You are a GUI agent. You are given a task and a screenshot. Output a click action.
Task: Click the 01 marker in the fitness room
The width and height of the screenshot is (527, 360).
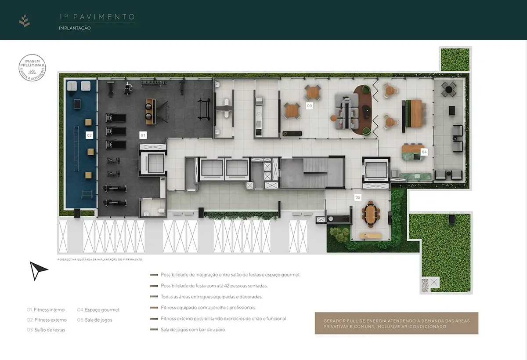pos(143,135)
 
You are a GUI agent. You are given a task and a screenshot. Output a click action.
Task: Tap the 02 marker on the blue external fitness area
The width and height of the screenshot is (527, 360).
pos(89,135)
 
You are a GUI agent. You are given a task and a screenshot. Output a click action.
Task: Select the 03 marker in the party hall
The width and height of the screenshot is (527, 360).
pos(310,106)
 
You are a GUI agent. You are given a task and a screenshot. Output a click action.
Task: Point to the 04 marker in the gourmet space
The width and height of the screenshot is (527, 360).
pos(424,152)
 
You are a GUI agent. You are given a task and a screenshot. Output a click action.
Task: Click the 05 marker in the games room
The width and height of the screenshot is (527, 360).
pos(358,197)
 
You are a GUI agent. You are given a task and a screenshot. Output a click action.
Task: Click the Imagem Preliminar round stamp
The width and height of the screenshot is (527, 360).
pos(32,69)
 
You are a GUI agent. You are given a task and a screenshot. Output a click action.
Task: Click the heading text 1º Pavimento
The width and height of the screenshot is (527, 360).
pos(97,17)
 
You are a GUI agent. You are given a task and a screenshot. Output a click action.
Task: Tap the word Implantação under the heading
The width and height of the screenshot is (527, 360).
pos(75,28)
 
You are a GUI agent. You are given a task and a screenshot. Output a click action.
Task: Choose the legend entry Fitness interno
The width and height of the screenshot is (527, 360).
pos(46,309)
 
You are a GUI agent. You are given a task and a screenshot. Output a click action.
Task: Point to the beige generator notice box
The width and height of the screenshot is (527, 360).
pos(396,324)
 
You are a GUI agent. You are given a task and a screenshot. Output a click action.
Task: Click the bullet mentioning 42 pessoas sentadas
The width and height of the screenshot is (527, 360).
pos(213,286)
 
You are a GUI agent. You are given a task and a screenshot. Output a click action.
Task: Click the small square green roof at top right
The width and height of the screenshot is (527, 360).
pos(455,59)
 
